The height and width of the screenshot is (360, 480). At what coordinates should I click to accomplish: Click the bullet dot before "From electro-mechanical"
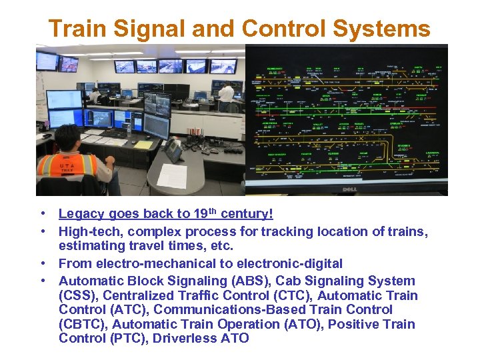click(43, 264)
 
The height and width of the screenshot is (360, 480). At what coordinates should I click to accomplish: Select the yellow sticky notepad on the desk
click(143, 145)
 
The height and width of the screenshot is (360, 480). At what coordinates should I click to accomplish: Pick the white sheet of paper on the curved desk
click(172, 175)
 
